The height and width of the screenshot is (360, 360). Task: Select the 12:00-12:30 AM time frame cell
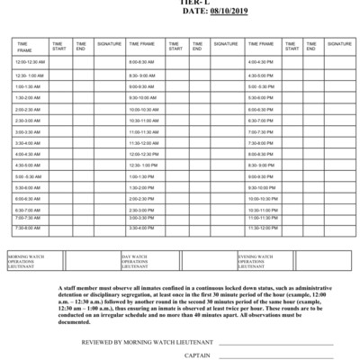coord(30,62)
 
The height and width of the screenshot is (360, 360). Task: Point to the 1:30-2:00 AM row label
coord(28,97)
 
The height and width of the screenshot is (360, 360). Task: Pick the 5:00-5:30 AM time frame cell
coord(28,176)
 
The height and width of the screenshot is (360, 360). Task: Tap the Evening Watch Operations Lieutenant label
coord(263,261)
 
